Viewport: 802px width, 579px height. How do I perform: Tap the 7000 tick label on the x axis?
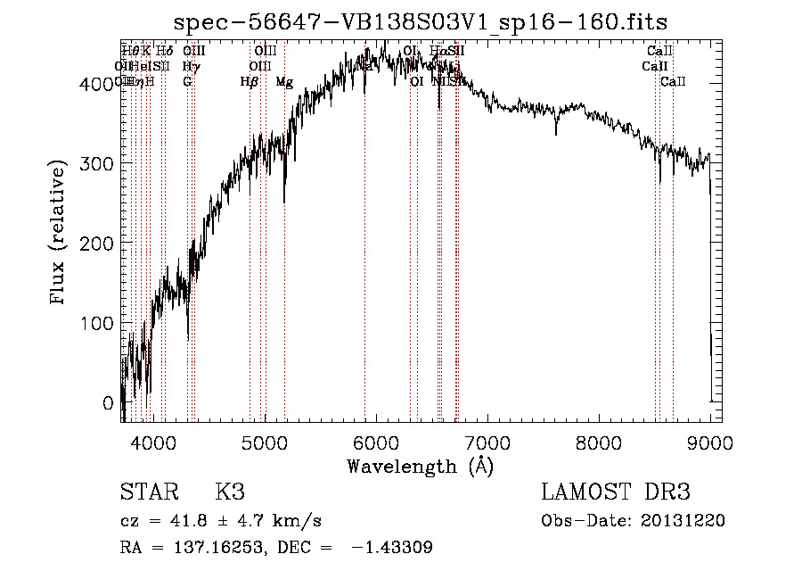[x=487, y=440]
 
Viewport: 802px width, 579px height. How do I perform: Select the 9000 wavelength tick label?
[x=710, y=440]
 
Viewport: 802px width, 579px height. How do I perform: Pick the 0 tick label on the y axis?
[x=107, y=403]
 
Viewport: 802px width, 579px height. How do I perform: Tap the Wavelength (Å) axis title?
[x=421, y=466]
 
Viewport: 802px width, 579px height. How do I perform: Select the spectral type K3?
[x=230, y=492]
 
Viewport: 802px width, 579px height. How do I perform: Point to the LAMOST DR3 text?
[x=616, y=492]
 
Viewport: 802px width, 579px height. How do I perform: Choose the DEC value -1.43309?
[x=393, y=548]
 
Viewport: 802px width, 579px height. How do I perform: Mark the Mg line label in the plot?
[x=284, y=82]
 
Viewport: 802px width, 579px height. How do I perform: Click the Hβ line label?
[x=250, y=82]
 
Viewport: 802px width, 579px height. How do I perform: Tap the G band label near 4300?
[x=187, y=82]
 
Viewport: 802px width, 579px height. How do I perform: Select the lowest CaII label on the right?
[x=673, y=82]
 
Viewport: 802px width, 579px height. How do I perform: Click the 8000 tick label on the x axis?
[x=599, y=440]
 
